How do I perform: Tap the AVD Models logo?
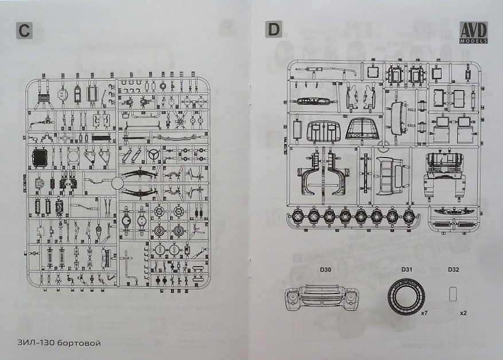[x=473, y=33]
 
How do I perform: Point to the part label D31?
[x=407, y=270]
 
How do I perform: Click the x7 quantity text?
[x=425, y=314]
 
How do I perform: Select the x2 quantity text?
[x=463, y=314]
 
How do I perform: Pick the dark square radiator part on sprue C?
[x=41, y=158]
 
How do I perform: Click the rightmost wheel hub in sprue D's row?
[x=409, y=217]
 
